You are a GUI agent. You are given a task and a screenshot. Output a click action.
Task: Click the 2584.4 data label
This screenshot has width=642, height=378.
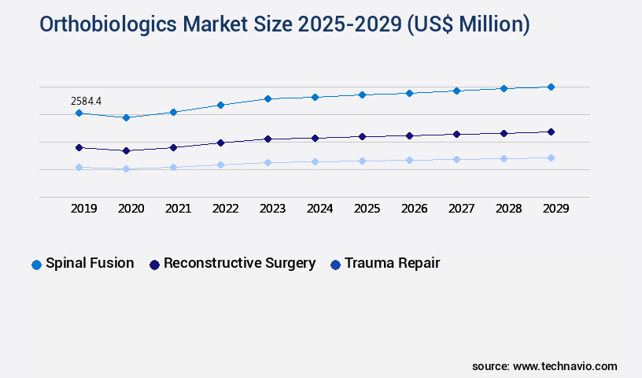(86, 101)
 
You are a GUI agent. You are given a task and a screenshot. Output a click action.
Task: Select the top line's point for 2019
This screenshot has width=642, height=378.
(79, 113)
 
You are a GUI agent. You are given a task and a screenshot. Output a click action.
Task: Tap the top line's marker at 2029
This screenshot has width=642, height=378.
(551, 87)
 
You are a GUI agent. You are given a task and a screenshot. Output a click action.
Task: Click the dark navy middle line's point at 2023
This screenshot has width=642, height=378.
(267, 139)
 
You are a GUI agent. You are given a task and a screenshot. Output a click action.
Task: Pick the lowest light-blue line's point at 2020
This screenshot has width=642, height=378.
(126, 169)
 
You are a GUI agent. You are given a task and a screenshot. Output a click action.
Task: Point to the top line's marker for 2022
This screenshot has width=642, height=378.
(220, 105)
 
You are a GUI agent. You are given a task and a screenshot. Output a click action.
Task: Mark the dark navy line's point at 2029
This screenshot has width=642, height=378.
(551, 132)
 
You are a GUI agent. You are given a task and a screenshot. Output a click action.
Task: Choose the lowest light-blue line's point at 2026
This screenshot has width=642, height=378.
(409, 160)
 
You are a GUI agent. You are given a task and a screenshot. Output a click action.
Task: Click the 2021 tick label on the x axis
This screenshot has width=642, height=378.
(178, 209)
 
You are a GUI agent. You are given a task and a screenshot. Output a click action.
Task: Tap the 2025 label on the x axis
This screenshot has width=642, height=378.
(367, 209)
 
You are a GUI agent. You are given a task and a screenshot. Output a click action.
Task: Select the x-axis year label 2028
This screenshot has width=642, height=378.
(508, 209)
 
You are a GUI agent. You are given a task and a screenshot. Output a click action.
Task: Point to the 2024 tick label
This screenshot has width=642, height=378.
(319, 209)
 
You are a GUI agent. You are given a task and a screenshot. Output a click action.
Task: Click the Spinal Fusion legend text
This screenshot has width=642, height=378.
(90, 263)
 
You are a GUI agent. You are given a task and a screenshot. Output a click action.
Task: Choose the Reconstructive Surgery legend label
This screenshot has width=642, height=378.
(239, 263)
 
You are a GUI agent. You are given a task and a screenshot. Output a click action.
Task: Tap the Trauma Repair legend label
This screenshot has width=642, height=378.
(392, 263)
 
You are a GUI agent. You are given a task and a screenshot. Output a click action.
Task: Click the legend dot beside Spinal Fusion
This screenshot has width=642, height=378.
(36, 265)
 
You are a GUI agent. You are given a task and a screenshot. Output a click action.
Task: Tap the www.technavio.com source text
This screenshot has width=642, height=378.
(565, 366)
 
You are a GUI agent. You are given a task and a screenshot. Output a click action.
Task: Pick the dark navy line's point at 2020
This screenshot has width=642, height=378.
(126, 150)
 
